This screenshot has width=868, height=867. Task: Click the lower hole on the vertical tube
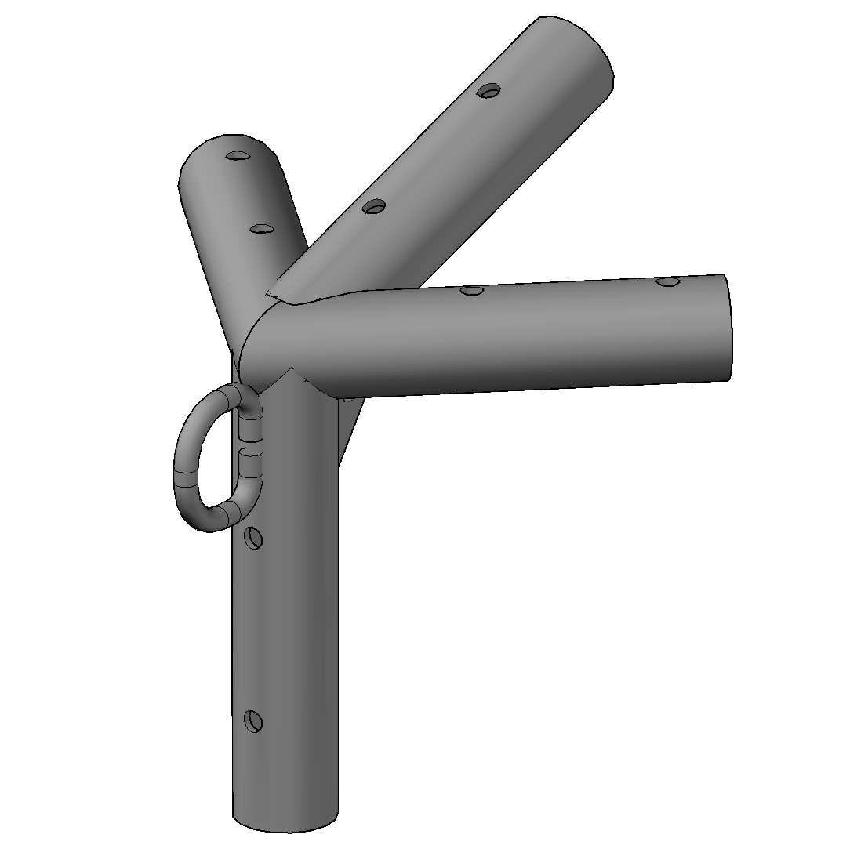(x=252, y=720)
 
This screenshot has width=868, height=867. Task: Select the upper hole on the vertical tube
(x=253, y=539)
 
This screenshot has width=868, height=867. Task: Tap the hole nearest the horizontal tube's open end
(x=667, y=281)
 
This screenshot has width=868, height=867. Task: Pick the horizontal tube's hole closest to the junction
(x=470, y=290)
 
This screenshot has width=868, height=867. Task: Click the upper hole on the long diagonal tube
(x=489, y=91)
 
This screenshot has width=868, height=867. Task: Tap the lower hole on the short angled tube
(x=260, y=229)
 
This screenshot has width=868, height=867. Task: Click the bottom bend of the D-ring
(x=223, y=517)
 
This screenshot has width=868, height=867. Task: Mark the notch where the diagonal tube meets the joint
(x=274, y=295)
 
